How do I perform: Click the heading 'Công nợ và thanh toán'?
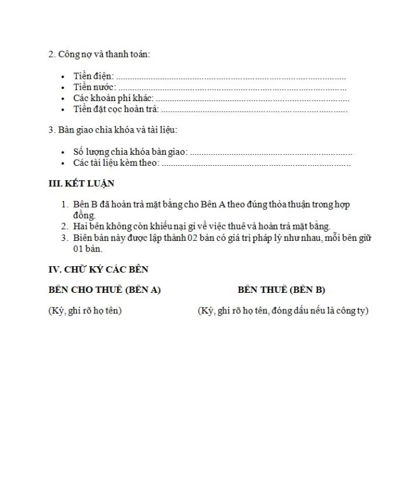pyautogui.click(x=103, y=54)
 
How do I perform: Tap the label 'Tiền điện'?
pyautogui.click(x=93, y=77)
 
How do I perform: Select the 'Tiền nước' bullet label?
pyautogui.click(x=94, y=88)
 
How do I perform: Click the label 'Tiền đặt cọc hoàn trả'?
pyautogui.click(x=115, y=110)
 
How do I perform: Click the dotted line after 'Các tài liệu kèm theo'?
pyautogui.click(x=256, y=163)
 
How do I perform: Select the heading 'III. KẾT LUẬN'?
pyautogui.click(x=81, y=183)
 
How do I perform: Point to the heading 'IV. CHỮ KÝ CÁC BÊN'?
pyautogui.click(x=98, y=269)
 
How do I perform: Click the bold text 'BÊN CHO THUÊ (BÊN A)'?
pyautogui.click(x=105, y=290)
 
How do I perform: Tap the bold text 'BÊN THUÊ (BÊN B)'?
pyautogui.click(x=282, y=290)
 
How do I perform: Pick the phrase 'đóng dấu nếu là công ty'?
pyautogui.click(x=321, y=311)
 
